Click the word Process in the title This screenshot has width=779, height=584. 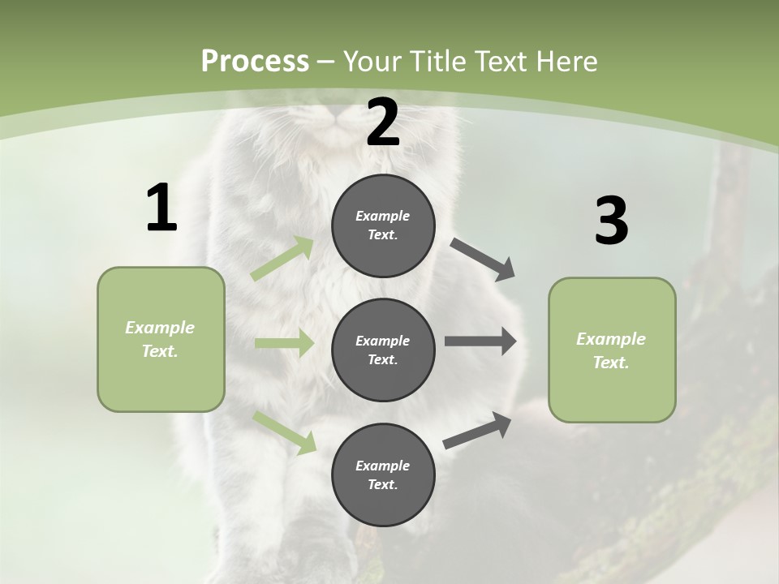pyautogui.click(x=255, y=61)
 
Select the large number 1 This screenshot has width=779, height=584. pyautogui.click(x=161, y=208)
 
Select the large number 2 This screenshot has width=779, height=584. pyautogui.click(x=383, y=123)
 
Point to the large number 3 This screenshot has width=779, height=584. pyautogui.click(x=611, y=221)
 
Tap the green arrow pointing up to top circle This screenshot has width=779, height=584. pyautogui.click(x=282, y=259)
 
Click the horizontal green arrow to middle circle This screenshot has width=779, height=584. pyautogui.click(x=284, y=343)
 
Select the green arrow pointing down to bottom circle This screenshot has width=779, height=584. pyautogui.click(x=284, y=432)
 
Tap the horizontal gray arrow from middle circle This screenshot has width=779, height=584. pyautogui.click(x=480, y=341)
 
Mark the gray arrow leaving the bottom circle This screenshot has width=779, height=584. pyautogui.click(x=477, y=430)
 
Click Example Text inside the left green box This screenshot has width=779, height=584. pyautogui.click(x=161, y=339)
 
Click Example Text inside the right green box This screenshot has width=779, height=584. pyautogui.click(x=611, y=350)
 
